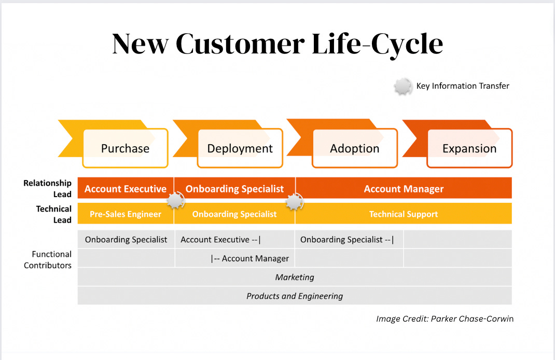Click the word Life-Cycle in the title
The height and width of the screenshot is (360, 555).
[378, 44]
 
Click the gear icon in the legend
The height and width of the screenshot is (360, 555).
[403, 86]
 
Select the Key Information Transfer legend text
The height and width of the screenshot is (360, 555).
[463, 86]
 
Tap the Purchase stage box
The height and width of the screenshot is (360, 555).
[126, 148]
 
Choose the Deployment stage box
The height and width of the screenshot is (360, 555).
[240, 148]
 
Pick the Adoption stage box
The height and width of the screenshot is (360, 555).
[355, 148]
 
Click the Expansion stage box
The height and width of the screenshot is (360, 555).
[469, 148]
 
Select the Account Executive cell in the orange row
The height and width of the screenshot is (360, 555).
[126, 189]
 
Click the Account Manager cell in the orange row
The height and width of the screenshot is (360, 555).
[404, 189]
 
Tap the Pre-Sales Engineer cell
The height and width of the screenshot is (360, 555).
[126, 214]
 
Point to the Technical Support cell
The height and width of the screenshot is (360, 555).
[404, 214]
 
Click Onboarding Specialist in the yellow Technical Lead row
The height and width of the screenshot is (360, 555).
[234, 214]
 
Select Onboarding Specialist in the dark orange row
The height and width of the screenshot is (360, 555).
[234, 189]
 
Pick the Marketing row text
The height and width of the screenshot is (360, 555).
[295, 277]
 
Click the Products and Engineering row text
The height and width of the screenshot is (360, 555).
[295, 296]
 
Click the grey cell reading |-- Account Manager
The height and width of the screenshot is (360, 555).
[250, 258]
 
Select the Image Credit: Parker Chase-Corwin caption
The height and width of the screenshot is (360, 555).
[445, 319]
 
